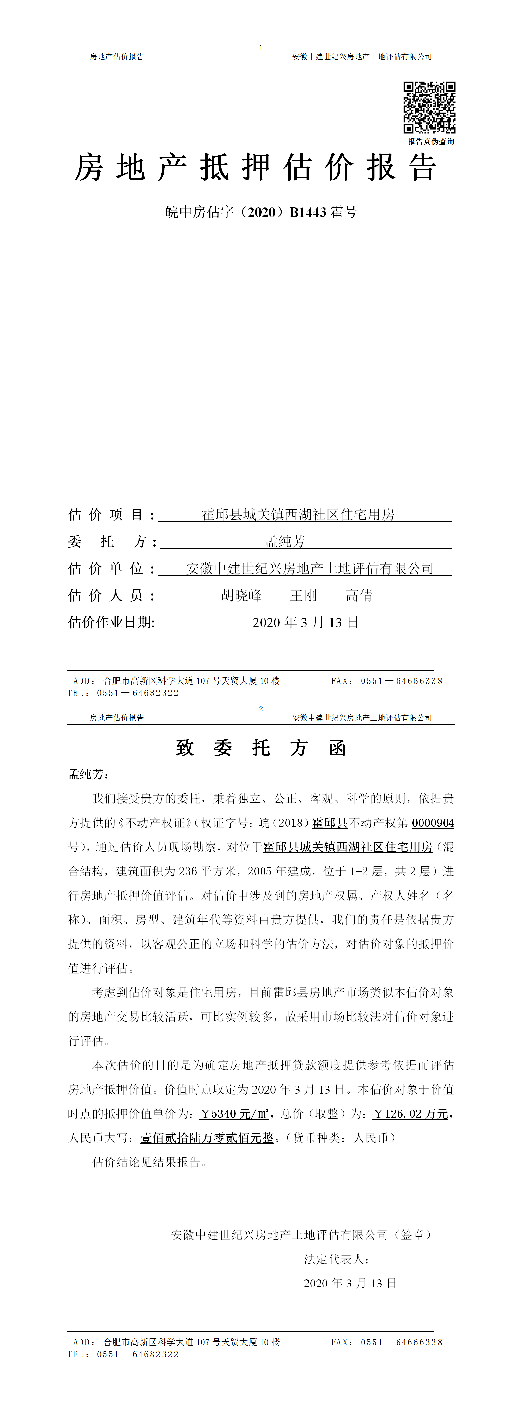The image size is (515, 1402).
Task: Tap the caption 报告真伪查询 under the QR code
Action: click(431, 142)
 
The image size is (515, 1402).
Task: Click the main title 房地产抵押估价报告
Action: click(256, 167)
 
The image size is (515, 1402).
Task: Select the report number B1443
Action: click(308, 212)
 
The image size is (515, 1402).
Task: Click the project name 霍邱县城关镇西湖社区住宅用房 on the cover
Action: click(298, 514)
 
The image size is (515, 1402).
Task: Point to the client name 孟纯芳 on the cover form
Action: click(285, 541)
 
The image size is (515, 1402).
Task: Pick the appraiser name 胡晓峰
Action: click(241, 595)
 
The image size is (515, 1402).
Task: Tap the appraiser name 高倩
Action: click(359, 595)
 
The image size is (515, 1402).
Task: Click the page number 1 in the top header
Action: click(261, 48)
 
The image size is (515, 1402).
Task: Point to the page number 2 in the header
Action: click(261, 709)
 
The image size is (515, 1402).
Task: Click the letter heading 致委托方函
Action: click(261, 748)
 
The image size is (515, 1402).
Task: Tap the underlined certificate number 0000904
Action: click(433, 823)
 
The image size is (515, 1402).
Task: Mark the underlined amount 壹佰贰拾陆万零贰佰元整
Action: click(207, 1138)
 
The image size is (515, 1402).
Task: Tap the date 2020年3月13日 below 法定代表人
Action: click(350, 1283)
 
